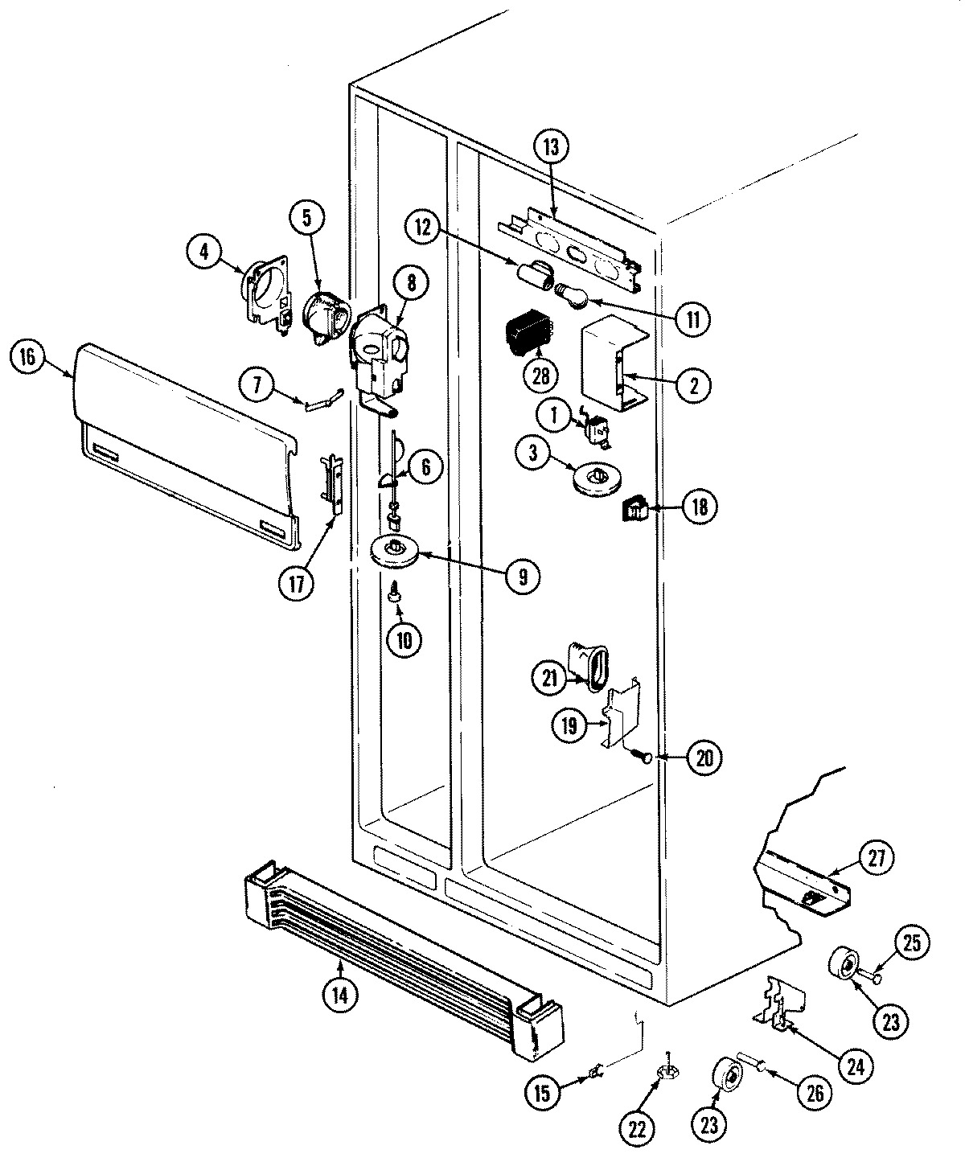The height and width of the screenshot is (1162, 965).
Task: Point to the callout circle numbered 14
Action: (339, 995)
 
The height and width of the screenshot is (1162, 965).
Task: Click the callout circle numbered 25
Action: (914, 942)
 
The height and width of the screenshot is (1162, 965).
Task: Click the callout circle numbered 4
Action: (204, 252)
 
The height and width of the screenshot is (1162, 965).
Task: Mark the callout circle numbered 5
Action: (312, 216)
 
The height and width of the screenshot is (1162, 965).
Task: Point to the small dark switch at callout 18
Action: (634, 508)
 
